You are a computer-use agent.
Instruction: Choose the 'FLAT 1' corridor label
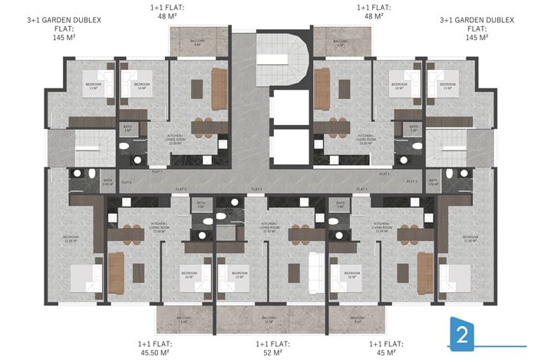384,174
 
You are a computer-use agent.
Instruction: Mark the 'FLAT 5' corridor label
181,189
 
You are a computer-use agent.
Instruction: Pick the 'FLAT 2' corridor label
412,182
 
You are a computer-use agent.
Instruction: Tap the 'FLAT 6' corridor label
125,182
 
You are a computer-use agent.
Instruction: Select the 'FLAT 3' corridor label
361,189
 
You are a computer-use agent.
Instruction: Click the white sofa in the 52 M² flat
314,270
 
